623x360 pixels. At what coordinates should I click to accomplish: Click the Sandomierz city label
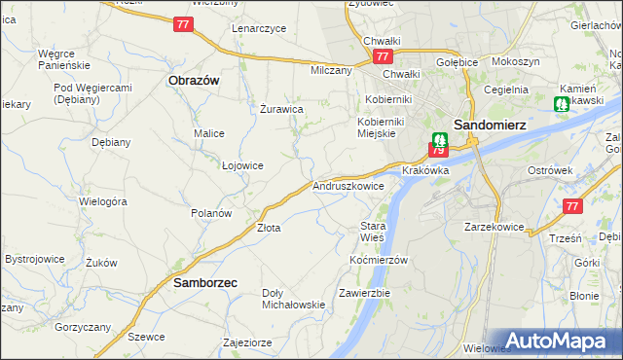pyautogui.click(x=492, y=124)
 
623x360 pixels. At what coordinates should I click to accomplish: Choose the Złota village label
pyautogui.click(x=268, y=228)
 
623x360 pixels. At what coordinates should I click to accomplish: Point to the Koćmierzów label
pyautogui.click(x=378, y=260)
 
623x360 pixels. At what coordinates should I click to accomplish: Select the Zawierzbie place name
pyautogui.click(x=364, y=292)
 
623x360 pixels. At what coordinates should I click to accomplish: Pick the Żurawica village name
pyautogui.click(x=283, y=109)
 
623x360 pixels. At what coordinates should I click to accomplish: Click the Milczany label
pyautogui.click(x=331, y=71)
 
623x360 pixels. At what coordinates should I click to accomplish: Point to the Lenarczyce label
pyautogui.click(x=259, y=28)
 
